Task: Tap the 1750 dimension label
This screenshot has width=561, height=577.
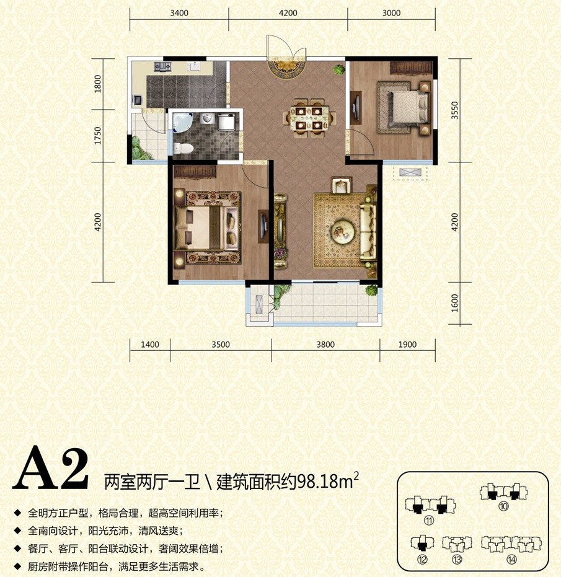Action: [x=97, y=135]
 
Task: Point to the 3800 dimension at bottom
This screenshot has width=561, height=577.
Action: [x=325, y=345]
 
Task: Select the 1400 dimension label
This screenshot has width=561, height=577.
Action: [x=150, y=345]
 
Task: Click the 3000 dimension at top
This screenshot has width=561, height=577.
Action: [x=391, y=13]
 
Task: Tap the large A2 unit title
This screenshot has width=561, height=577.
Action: [x=51, y=468]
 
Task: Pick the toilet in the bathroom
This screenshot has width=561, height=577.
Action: [x=183, y=148]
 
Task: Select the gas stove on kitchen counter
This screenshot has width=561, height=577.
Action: [x=162, y=66]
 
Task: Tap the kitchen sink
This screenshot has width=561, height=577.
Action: [x=193, y=66]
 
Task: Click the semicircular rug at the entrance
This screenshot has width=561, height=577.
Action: [x=288, y=69]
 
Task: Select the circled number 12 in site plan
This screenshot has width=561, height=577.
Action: [x=422, y=559]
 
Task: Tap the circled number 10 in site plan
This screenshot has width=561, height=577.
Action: [x=503, y=506]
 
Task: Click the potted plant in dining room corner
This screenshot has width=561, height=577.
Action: [x=338, y=69]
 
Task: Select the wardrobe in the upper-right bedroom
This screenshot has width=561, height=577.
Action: [x=411, y=67]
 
